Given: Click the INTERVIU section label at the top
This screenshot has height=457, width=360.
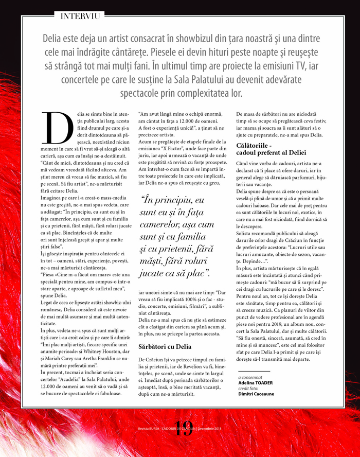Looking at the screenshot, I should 80,15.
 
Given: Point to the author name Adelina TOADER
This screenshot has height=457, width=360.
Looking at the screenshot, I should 256,382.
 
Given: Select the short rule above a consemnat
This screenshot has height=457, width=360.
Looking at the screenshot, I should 254,371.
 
